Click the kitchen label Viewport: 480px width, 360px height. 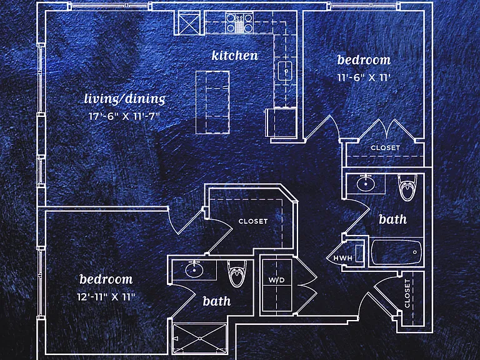(x=235, y=56)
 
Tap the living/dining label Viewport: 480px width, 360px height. (x=124, y=99)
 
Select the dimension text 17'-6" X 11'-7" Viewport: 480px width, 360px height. (x=124, y=116)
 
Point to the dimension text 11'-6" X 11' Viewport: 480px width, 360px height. (x=364, y=77)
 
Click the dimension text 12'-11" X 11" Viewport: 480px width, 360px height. (x=106, y=297)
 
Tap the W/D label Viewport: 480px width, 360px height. (x=276, y=280)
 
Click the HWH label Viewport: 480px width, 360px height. (x=343, y=258)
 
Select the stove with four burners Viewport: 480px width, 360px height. (x=239, y=23)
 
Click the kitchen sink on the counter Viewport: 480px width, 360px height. (x=285, y=71)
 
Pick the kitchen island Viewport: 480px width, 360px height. (x=212, y=102)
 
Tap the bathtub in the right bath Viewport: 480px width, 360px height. (x=396, y=252)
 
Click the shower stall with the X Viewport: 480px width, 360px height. (x=199, y=338)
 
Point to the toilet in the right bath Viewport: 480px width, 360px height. (x=407, y=187)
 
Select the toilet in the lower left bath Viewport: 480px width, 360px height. (x=237, y=273)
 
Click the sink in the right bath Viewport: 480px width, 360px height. (x=366, y=183)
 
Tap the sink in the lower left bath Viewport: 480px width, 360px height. (x=194, y=270)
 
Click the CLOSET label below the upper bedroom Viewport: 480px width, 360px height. (x=385, y=148)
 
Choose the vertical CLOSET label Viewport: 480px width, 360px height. (x=407, y=293)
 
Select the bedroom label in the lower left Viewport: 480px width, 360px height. (x=106, y=279)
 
